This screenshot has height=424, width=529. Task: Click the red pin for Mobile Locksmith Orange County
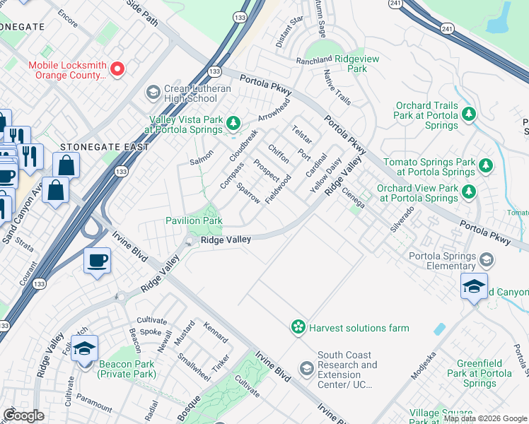[117, 69]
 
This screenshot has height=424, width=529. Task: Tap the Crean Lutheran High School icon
[152, 93]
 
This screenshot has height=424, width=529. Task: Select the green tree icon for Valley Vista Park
[233, 124]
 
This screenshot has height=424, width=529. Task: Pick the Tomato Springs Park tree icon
[485, 165]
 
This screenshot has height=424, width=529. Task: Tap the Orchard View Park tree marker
[468, 191]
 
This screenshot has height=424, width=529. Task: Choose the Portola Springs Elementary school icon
[487, 259]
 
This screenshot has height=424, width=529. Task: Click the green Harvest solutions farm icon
[298, 327]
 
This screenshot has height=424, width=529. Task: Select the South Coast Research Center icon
[306, 368]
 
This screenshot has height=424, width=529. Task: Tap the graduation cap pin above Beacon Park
[84, 349]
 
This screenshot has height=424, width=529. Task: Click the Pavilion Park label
[194, 220]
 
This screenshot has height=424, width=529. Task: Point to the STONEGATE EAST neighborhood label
[105, 147]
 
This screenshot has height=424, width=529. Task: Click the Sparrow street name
[248, 193]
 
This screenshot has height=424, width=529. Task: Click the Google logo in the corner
[24, 416]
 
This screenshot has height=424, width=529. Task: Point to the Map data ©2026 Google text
[484, 418]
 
